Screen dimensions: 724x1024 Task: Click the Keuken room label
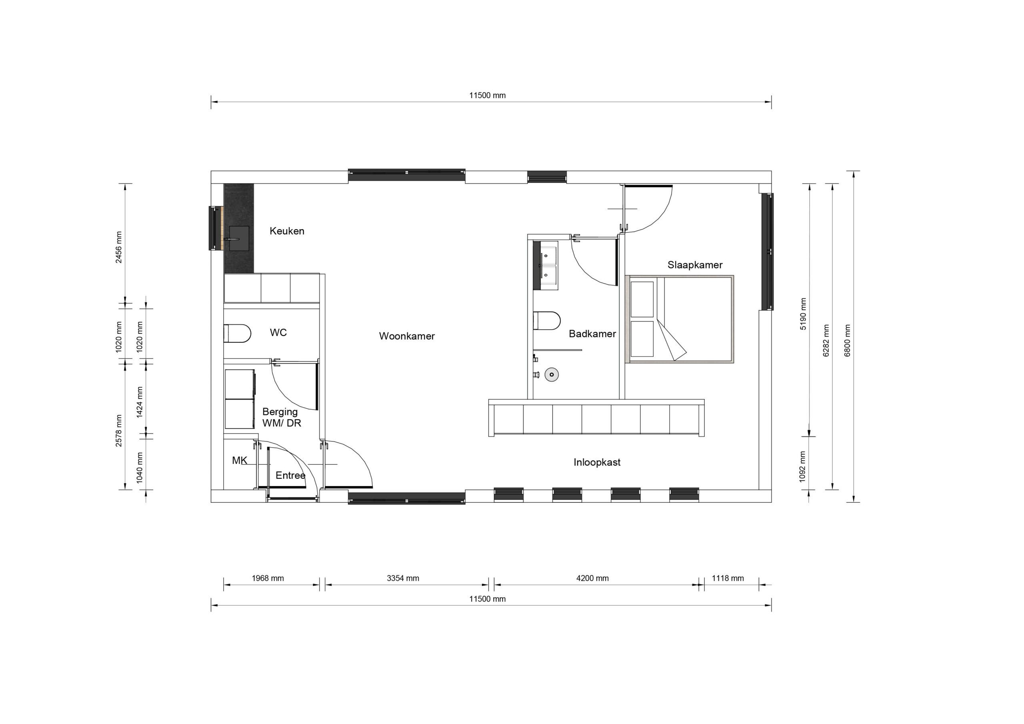tap(287, 231)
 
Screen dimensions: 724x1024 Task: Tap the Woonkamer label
tap(406, 336)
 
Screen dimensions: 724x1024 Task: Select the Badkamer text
tap(592, 334)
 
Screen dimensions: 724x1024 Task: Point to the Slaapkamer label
tap(694, 265)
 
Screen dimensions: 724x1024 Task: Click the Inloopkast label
tap(596, 462)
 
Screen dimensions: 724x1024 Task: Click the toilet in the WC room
tap(237, 333)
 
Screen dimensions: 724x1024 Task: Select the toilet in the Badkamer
tap(547, 321)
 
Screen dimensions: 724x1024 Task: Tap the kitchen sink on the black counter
tap(239, 239)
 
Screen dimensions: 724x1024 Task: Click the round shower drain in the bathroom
tap(551, 374)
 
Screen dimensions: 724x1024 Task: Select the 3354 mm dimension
tap(403, 578)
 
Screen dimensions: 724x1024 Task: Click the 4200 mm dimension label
tap(592, 578)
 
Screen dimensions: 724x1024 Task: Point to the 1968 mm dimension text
tap(268, 578)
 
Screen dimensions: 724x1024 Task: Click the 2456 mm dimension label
tap(119, 247)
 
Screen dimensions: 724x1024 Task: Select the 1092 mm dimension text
tap(802, 467)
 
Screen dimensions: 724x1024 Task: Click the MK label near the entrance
tap(240, 460)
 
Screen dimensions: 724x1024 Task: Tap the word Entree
tap(290, 476)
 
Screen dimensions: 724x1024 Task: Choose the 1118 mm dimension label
tap(728, 578)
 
